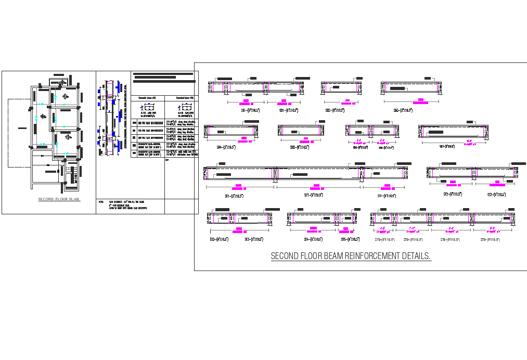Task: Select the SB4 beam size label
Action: (x=226, y=148)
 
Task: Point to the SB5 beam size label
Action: (x=300, y=148)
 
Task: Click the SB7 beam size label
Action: (x=447, y=146)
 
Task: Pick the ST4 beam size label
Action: (x=313, y=239)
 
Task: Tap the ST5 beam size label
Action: (x=350, y=239)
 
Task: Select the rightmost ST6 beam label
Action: (x=490, y=240)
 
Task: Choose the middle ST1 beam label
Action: (x=314, y=196)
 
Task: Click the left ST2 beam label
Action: (x=453, y=195)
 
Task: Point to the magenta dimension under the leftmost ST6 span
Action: (x=382, y=229)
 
